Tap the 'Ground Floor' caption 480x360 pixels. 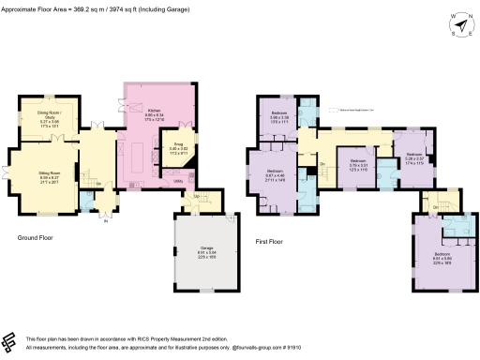[x=35, y=238]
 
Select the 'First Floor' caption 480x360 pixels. [x=271, y=242]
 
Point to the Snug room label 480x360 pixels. [x=178, y=146]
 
